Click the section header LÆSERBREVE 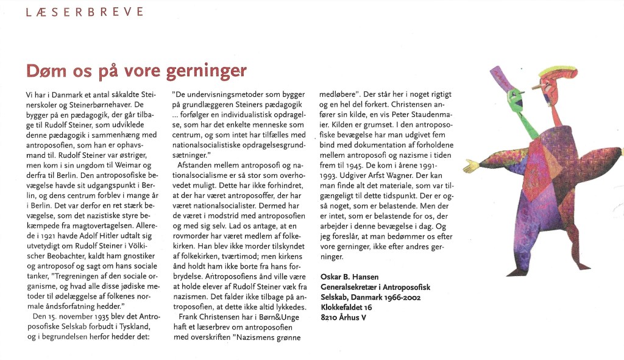click(85, 12)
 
